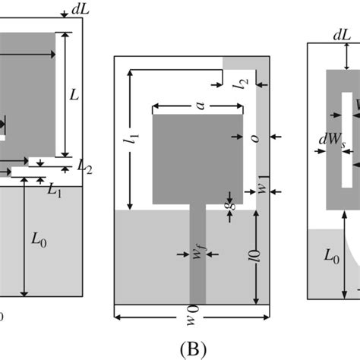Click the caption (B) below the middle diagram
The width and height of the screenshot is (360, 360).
[191, 348]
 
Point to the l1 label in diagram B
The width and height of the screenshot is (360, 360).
[135, 138]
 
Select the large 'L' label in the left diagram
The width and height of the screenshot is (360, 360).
[74, 96]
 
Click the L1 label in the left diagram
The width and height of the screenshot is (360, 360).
[54, 190]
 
